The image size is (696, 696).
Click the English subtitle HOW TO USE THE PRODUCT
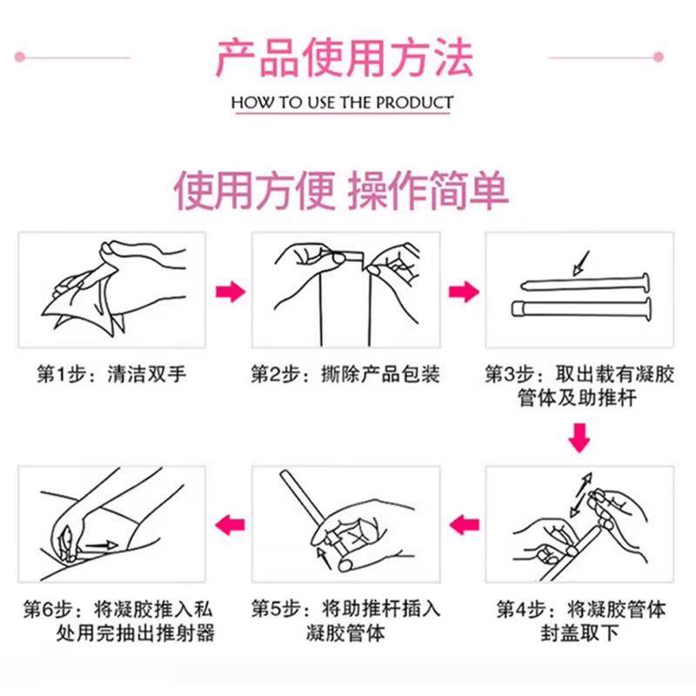(x=342, y=103)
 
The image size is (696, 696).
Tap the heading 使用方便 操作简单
(x=342, y=189)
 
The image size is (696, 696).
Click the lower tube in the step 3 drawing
(x=579, y=306)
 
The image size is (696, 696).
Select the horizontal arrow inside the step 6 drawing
(x=103, y=545)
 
